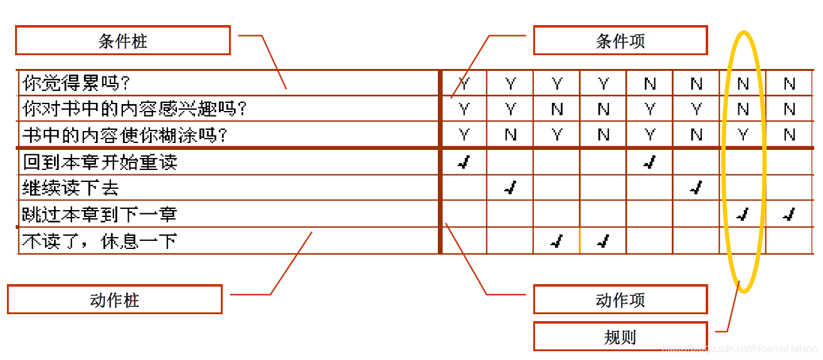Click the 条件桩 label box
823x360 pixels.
click(123, 41)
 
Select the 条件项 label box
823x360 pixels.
click(620, 41)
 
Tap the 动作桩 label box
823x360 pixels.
click(114, 300)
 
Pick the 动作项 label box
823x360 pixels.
click(620, 300)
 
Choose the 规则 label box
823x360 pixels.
click(620, 337)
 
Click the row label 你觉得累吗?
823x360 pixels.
click(80, 83)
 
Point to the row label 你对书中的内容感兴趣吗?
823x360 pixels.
click(135, 109)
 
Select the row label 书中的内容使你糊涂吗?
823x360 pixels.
click(125, 135)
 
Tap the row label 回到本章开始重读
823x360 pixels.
click(100, 162)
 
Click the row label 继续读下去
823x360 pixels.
click(71, 188)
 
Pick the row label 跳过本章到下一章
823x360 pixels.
click(100, 214)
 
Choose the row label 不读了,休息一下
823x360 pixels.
click(100, 241)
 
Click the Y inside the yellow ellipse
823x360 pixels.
click(743, 135)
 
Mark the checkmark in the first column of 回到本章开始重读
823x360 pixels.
click(464, 163)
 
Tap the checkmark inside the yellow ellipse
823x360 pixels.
click(743, 215)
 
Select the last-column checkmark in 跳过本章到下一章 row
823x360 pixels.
click(789, 215)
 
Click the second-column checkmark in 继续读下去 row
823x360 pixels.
click(510, 188)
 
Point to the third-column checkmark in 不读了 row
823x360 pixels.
click(556, 241)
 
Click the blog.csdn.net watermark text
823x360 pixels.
click(740, 347)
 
